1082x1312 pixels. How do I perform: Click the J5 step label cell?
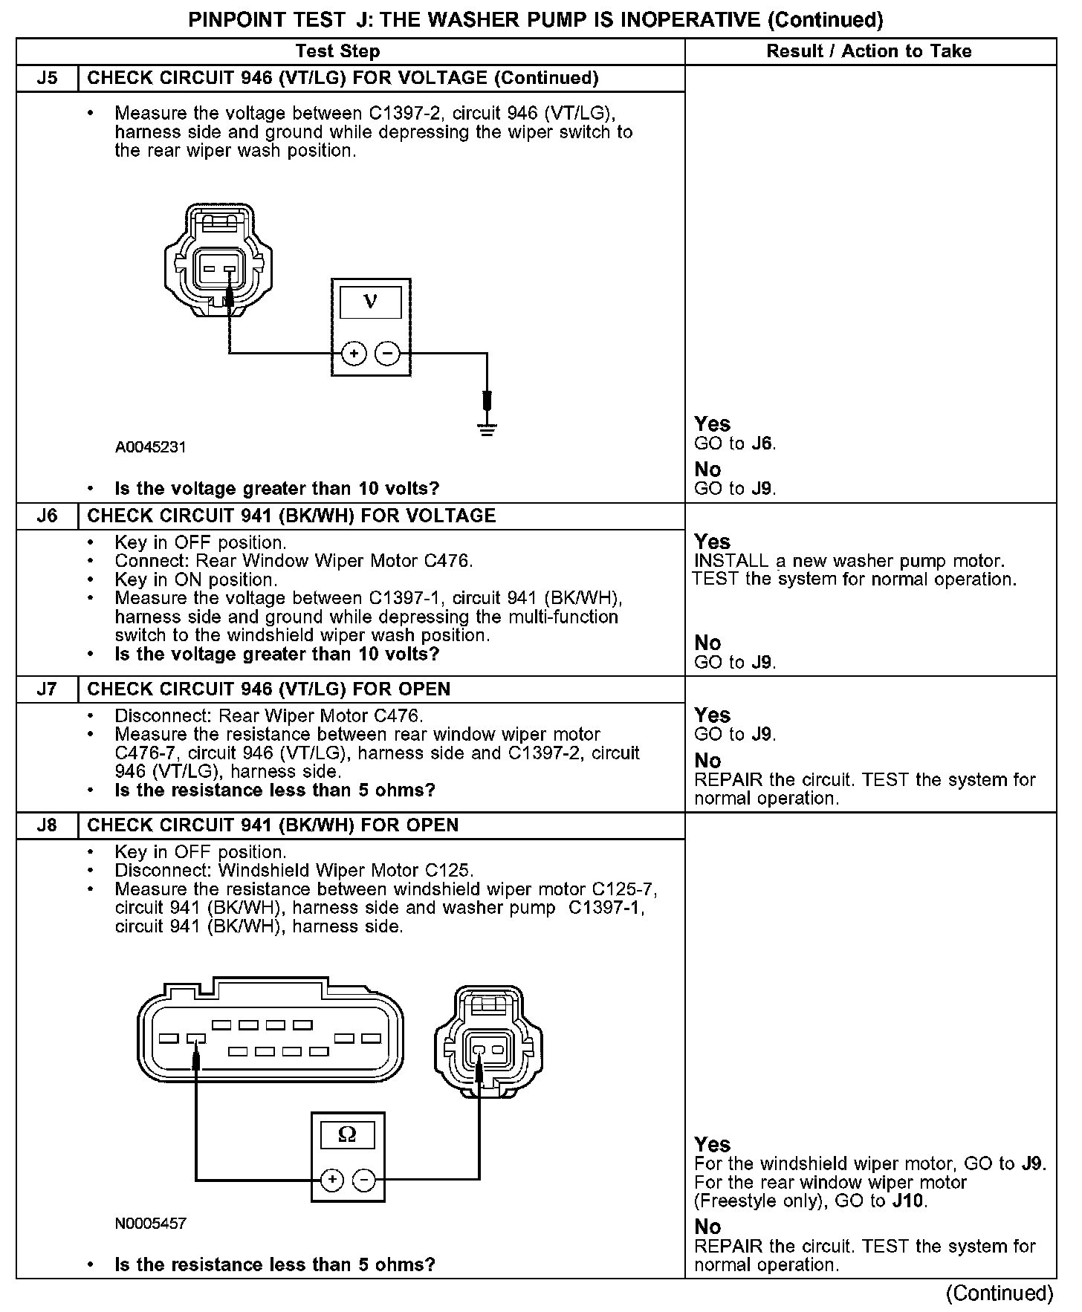click(x=47, y=78)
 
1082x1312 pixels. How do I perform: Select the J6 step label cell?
click(x=47, y=516)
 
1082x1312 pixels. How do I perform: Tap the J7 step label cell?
click(x=47, y=689)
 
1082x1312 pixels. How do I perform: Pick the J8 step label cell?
click(x=47, y=825)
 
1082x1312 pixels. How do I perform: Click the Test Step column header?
click(x=337, y=51)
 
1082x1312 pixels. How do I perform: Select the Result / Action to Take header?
click(x=869, y=51)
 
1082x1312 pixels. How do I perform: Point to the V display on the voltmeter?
click(x=371, y=302)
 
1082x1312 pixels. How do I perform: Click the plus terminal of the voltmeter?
click(x=354, y=354)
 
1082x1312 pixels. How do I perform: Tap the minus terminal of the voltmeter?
click(x=387, y=354)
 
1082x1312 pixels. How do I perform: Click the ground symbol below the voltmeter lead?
click(x=487, y=429)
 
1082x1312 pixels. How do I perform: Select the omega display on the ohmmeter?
click(x=347, y=1134)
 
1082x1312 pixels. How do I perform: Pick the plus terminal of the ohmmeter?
click(x=331, y=1179)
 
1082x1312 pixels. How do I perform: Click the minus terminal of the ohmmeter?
click(x=363, y=1179)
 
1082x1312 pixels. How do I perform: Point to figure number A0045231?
click(x=150, y=447)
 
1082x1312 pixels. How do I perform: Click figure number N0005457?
click(x=150, y=1223)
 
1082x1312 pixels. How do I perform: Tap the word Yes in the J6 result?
click(x=712, y=542)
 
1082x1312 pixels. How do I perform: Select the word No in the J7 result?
click(x=707, y=761)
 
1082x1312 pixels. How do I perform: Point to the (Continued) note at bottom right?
click(x=1000, y=1293)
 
